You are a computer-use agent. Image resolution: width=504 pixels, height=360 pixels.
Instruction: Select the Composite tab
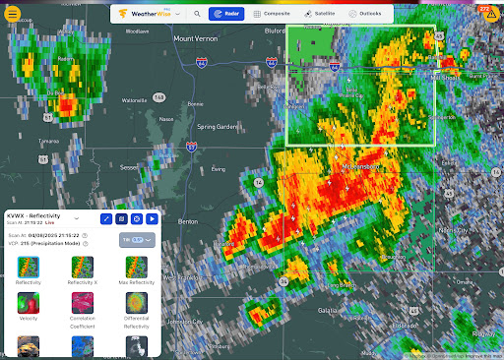point(271,15)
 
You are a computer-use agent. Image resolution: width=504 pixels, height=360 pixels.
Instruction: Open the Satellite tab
point(318,15)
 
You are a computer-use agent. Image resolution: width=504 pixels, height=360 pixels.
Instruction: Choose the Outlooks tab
point(364,15)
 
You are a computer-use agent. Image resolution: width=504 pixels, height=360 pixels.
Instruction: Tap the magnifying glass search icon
point(197,15)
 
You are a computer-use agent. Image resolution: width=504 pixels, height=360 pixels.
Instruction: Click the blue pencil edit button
point(106,218)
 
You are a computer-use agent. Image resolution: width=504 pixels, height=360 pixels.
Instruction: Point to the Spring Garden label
point(218,126)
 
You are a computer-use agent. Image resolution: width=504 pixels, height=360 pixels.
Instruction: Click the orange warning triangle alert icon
point(491,13)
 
